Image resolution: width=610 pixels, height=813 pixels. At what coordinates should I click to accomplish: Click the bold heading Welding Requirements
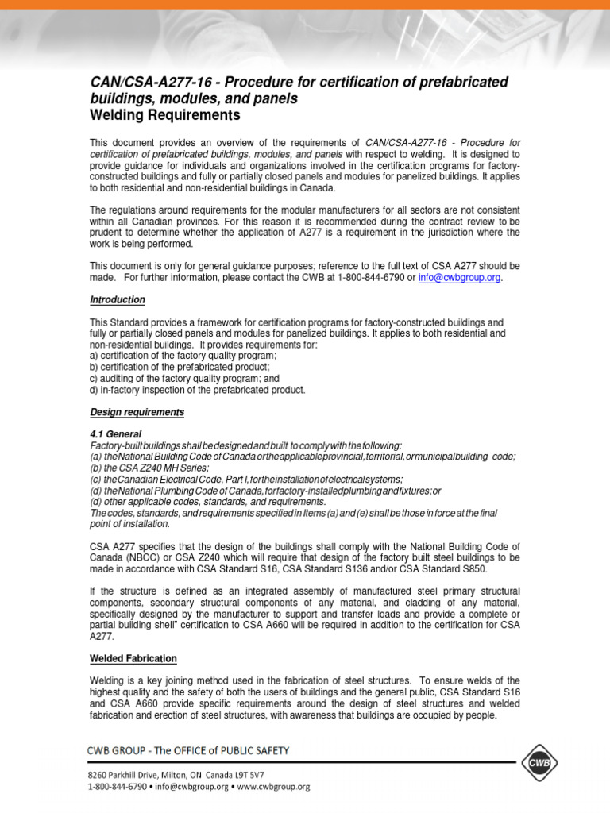click(164, 116)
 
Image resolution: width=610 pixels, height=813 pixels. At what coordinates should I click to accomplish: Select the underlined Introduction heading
click(117, 300)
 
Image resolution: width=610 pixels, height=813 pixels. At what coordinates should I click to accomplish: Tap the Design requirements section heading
click(137, 412)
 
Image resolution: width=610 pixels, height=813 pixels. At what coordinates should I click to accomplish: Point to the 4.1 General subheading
click(115, 434)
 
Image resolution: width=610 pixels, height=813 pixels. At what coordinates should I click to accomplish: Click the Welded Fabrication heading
click(133, 659)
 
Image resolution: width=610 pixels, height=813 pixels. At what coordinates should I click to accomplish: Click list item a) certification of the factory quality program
click(183, 356)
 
